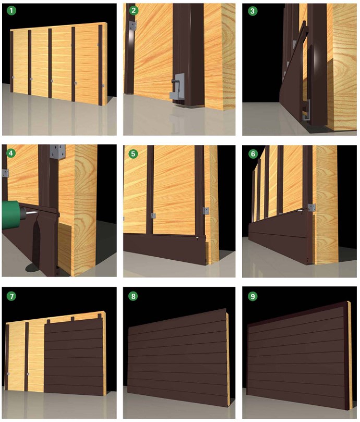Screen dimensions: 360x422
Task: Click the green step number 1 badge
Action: click(11, 10)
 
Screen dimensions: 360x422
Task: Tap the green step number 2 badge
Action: click(134, 10)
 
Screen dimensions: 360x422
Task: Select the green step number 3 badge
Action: click(253, 11)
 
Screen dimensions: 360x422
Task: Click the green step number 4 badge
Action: click(11, 153)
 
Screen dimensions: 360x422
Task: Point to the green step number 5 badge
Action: click(133, 154)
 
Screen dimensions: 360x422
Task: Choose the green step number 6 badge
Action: click(253, 154)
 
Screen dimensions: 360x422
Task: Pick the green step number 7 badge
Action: click(11, 296)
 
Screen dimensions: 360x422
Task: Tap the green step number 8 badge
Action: click(133, 296)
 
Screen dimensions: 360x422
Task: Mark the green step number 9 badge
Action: click(253, 296)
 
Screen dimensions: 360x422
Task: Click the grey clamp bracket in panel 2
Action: click(177, 88)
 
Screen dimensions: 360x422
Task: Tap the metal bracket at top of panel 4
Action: click(57, 152)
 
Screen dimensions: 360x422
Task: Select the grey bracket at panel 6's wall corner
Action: click(311, 207)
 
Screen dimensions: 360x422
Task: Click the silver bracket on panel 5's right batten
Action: click(206, 211)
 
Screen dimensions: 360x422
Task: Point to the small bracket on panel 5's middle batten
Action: click(153, 215)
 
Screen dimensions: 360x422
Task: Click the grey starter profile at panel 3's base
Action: click(307, 111)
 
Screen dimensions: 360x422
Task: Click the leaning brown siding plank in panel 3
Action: click(292, 78)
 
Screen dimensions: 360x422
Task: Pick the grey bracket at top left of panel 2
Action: click(133, 25)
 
